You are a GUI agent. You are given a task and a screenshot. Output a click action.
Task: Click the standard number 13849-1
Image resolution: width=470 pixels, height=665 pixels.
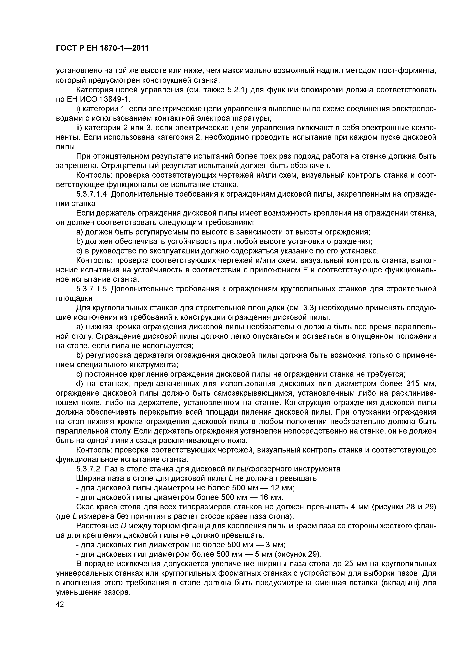coord(115,99)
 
